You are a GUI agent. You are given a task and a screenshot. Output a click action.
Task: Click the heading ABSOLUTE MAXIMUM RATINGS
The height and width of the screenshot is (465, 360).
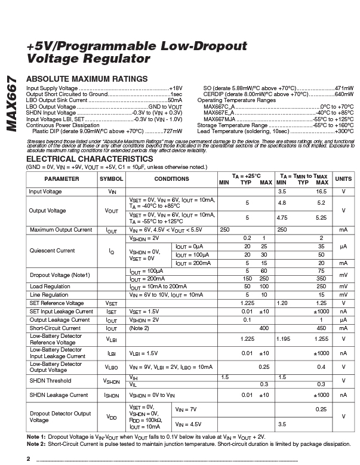coord(87,79)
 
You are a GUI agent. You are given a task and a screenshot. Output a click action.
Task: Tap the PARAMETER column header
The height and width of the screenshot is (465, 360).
coord(61,179)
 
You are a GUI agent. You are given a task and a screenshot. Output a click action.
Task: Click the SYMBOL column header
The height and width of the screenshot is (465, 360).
coord(112,179)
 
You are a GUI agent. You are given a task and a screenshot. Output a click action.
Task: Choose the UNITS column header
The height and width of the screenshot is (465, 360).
coord(343,179)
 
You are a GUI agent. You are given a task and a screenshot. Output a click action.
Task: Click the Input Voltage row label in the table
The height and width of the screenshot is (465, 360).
coord(45,192)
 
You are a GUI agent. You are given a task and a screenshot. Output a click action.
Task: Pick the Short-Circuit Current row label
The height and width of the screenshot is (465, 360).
coord(55,328)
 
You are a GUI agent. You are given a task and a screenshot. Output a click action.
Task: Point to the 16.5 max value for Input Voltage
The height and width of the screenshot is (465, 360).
coord(321,192)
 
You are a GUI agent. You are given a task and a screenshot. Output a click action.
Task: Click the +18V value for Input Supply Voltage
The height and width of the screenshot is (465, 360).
coord(176,88)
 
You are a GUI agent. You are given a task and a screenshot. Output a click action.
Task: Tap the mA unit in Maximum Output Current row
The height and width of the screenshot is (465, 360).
coord(343,230)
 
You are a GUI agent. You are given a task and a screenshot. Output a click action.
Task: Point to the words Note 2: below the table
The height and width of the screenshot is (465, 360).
coord(36,444)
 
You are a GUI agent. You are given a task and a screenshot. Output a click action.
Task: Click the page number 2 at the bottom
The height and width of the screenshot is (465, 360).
coord(28,458)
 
